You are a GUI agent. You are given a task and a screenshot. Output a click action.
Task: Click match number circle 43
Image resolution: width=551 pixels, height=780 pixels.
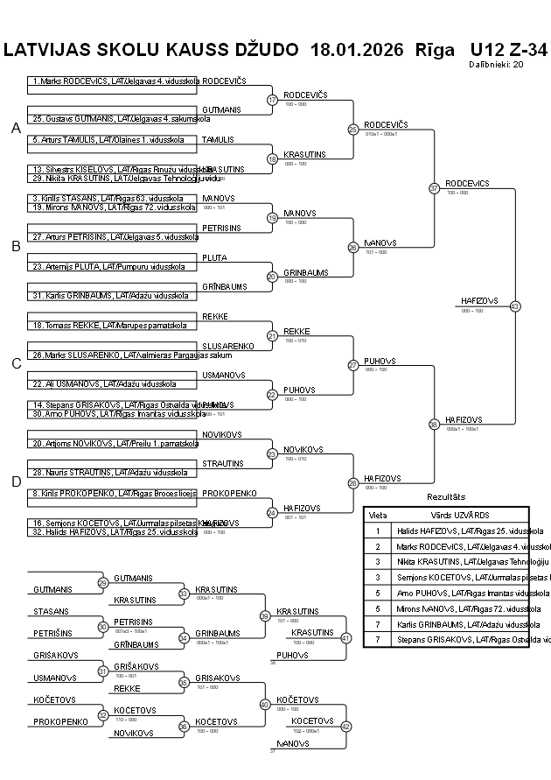pos(515,306)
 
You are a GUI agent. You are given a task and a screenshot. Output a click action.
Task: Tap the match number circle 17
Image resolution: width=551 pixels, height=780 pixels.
pos(272,100)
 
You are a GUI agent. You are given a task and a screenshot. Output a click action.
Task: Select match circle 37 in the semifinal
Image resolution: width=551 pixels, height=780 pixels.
pos(434,188)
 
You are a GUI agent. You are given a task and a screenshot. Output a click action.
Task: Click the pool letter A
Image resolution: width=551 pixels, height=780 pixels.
pos(16,129)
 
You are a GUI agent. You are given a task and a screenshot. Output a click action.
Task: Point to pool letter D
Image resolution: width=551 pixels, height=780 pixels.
pos(16,481)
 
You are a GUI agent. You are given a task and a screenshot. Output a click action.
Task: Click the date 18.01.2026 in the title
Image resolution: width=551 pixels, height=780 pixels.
pos(357,49)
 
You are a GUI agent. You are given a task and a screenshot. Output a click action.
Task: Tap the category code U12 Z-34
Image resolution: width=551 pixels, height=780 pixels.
pos(508,49)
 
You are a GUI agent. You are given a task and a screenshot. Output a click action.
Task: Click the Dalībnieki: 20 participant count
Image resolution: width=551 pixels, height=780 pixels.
pos(496,64)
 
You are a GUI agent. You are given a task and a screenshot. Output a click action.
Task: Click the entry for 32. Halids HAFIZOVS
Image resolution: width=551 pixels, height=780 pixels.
pos(109,531)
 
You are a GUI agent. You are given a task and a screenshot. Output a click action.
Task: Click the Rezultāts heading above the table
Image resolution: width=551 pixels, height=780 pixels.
pos(446,497)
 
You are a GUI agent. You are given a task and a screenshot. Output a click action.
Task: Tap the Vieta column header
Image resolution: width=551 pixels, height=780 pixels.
pos(378,515)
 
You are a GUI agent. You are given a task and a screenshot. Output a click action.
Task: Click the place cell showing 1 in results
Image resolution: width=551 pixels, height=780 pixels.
pos(378,531)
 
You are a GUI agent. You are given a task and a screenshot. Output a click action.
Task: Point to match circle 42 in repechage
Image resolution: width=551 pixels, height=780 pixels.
pos(345,726)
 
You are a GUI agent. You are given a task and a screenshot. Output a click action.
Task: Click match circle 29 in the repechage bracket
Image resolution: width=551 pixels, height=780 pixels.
pos(102,583)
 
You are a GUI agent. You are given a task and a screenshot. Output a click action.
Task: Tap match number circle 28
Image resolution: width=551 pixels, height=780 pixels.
pos(353,482)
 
